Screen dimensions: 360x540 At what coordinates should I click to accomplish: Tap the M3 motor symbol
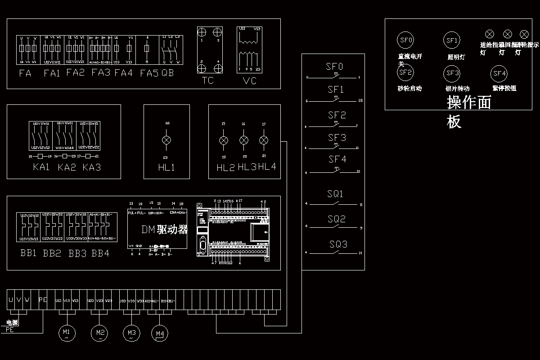coord(131,333)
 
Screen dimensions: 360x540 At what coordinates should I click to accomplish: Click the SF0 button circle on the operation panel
coord(405,40)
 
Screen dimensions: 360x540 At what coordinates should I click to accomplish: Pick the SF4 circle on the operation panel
coord(499,73)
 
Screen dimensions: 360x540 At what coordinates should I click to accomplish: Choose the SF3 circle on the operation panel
coord(451,73)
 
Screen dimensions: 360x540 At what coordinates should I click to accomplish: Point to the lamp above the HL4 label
coord(264,140)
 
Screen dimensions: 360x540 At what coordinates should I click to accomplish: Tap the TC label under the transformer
coord(207,81)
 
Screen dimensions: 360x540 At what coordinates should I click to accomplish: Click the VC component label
coord(249,81)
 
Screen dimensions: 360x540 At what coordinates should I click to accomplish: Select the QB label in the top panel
coord(167,73)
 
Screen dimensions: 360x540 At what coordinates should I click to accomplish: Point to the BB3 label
coord(77,253)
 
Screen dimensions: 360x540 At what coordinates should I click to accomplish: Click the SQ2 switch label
coord(337,220)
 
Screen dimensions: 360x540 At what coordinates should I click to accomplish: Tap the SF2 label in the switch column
coord(337,116)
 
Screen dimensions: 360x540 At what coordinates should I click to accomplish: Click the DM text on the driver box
coord(148,229)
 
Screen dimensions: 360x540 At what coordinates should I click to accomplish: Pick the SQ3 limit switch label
coord(338,245)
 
